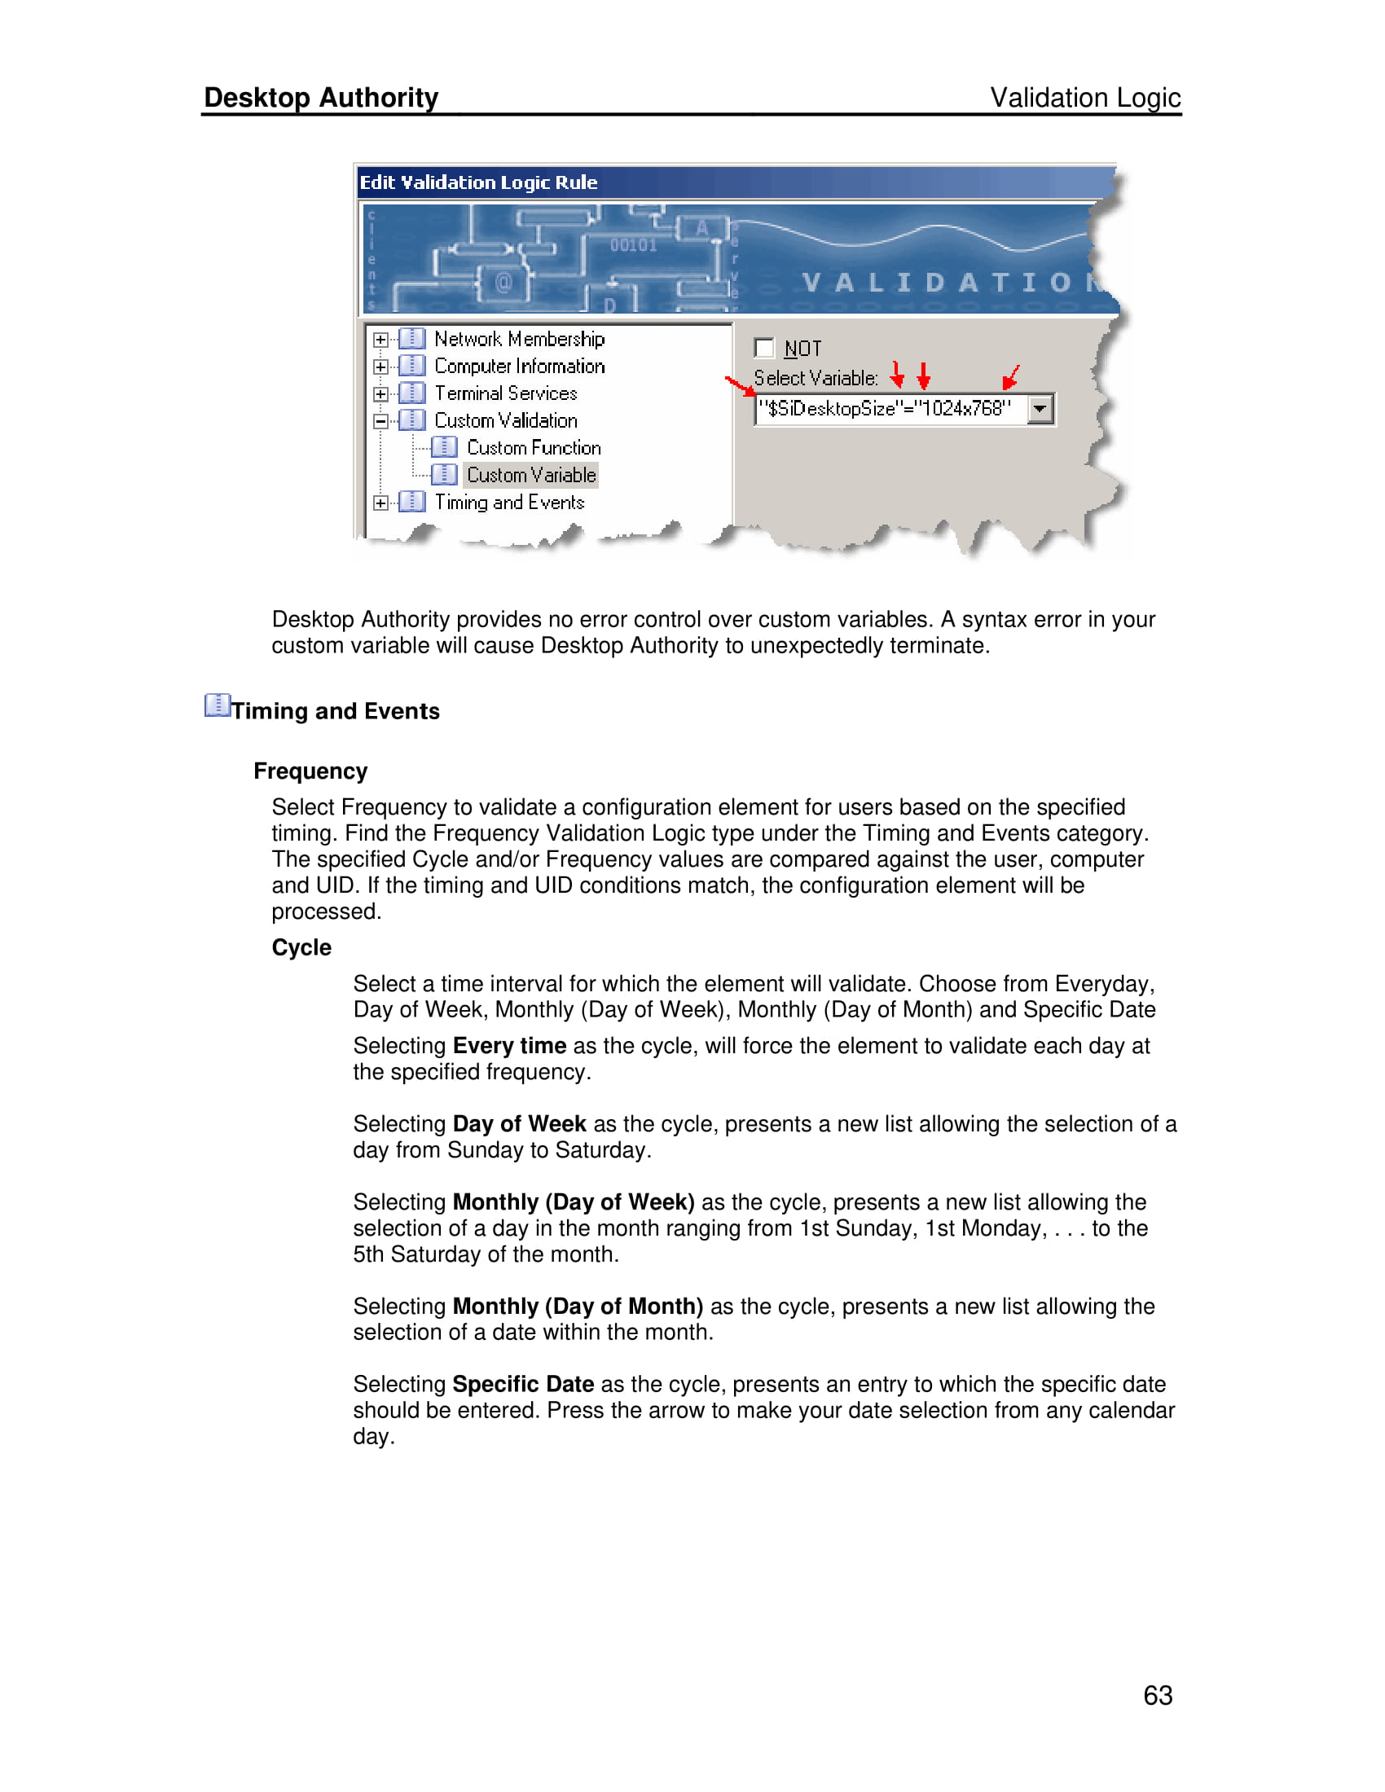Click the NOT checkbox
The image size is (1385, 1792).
[x=764, y=348]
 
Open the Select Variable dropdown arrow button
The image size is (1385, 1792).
[x=1040, y=409]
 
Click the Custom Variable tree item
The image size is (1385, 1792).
[x=531, y=475]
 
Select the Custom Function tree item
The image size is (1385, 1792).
[x=534, y=448]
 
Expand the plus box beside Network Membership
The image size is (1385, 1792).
[x=380, y=340]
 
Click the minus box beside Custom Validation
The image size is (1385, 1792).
[x=380, y=421]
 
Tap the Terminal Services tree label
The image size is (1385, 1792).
[x=505, y=394]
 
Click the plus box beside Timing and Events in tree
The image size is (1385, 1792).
[x=380, y=503]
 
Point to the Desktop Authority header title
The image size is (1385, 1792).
[x=321, y=98]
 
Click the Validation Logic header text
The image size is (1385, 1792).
[x=1084, y=98]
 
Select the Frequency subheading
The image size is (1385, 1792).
[x=310, y=771]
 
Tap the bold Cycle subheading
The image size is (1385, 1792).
[x=301, y=947]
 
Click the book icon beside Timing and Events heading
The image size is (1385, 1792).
[x=217, y=705]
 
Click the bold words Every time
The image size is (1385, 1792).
[x=508, y=1046]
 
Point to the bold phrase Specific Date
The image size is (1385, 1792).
[x=523, y=1384]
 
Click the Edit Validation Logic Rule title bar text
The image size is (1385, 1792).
[x=478, y=182]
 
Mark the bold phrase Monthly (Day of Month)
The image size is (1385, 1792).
[x=578, y=1307]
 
